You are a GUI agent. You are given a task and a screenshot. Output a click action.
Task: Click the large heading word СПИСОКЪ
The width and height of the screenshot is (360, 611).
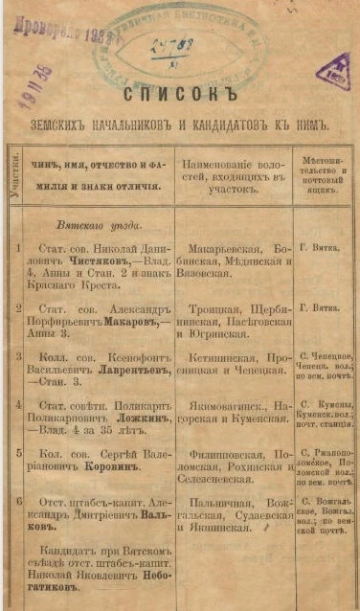pyautogui.click(x=181, y=95)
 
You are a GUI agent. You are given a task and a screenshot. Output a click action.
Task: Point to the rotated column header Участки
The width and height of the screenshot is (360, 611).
pyautogui.click(x=13, y=174)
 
